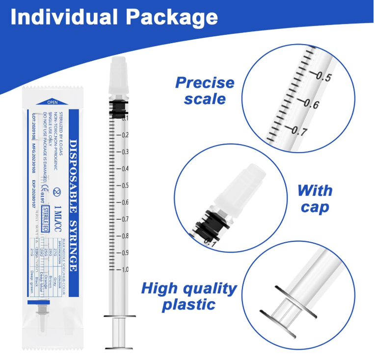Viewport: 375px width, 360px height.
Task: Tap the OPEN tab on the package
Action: point(52,102)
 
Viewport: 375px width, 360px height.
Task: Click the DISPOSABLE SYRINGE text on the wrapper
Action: point(73,205)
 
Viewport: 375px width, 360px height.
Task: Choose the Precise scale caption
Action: point(205,90)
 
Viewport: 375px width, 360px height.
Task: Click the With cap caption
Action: point(315,198)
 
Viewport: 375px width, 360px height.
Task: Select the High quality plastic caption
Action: point(189,296)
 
